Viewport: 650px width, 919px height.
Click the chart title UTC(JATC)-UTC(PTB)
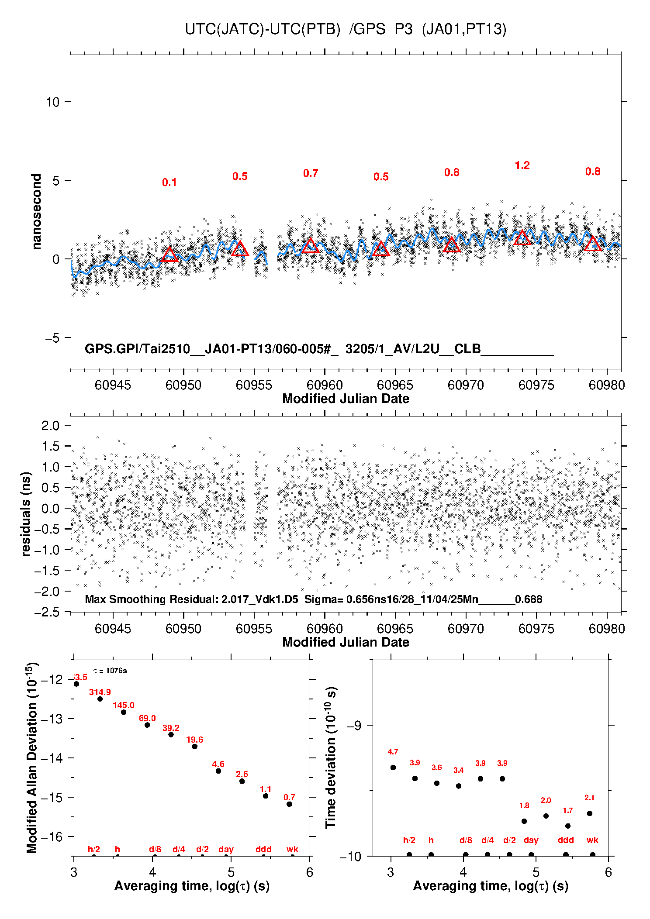[262, 29]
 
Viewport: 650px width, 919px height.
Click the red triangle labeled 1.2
[522, 238]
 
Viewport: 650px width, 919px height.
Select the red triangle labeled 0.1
[169, 255]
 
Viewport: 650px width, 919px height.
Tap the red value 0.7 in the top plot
[311, 173]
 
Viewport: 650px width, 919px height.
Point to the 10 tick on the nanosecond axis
[52, 102]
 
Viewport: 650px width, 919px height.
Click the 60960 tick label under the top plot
[325, 385]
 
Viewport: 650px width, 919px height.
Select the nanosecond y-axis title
[37, 212]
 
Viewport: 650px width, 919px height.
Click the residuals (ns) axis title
[26, 514]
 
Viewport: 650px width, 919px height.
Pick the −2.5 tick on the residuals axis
[48, 612]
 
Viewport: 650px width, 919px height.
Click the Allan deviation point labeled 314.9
[100, 699]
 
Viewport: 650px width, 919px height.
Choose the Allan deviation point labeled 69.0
[147, 725]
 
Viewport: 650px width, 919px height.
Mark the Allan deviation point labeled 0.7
[289, 804]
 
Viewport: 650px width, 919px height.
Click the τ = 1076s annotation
[110, 671]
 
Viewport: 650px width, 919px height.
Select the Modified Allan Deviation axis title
[32, 757]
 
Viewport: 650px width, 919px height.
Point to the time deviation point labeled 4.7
[393, 768]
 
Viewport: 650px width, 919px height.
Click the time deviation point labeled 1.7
[568, 826]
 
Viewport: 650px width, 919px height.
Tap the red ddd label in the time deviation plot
[566, 840]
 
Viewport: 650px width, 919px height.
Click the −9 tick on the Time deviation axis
[354, 725]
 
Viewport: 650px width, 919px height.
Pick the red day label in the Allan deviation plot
[226, 849]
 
